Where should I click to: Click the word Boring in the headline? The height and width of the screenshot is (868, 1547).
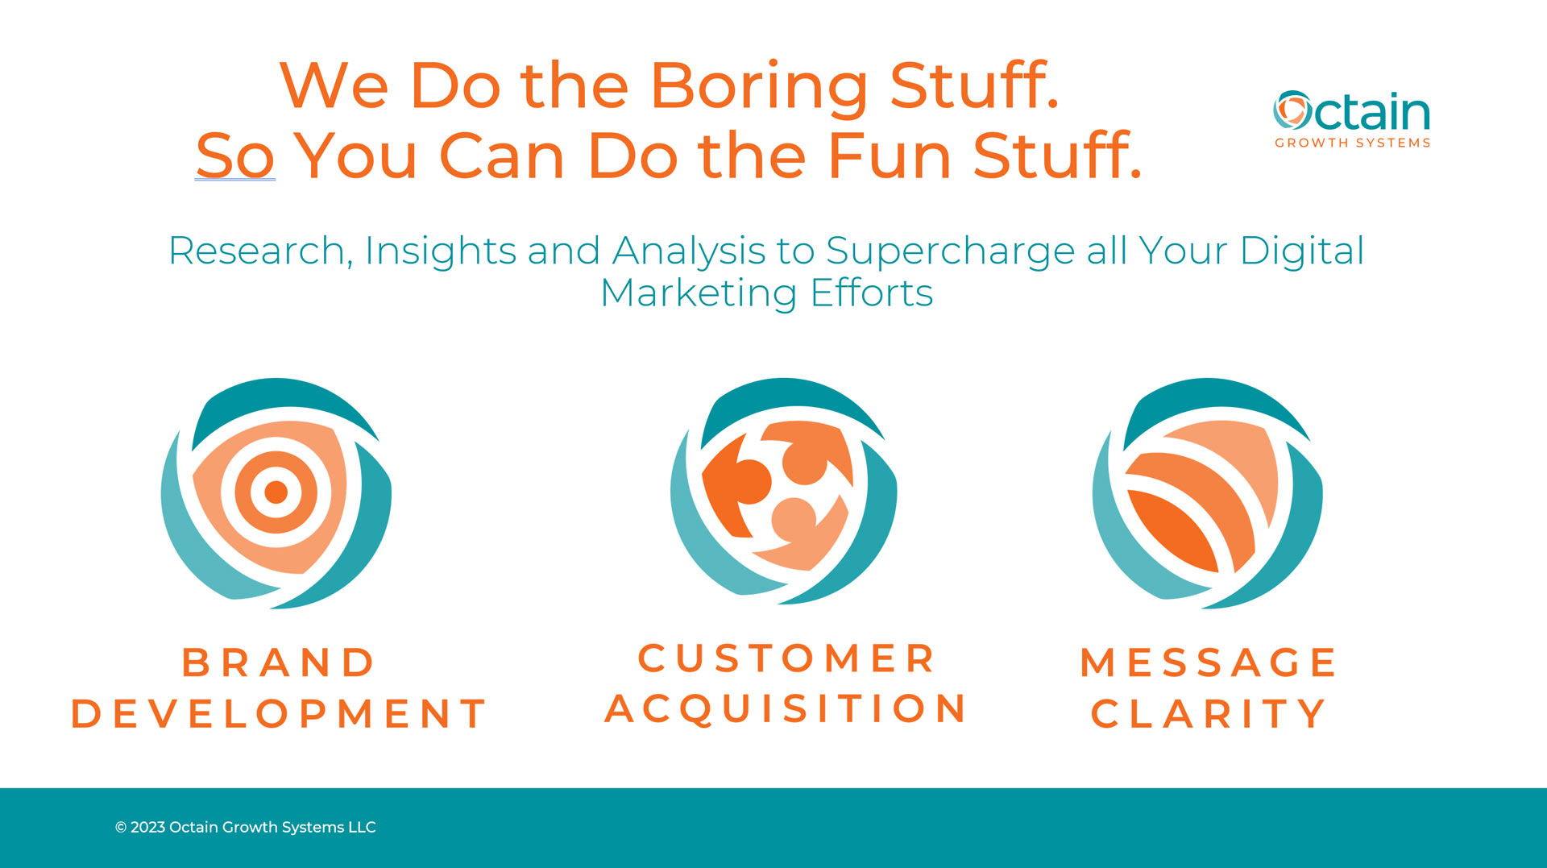(x=758, y=87)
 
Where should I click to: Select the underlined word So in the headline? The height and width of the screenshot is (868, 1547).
(x=235, y=155)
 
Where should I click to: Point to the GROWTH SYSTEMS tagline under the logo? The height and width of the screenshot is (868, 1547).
(x=1352, y=143)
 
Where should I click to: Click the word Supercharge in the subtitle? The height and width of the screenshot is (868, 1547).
(x=950, y=251)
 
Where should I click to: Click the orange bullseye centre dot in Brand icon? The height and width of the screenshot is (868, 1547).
(x=276, y=492)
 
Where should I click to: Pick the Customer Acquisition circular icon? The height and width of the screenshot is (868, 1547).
(x=784, y=491)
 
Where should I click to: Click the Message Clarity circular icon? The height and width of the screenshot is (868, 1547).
(x=1207, y=492)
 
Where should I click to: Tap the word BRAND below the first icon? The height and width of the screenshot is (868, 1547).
(x=279, y=663)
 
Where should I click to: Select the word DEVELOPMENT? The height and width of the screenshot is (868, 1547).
(x=279, y=714)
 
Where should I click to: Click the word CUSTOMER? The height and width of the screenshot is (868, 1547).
(x=786, y=658)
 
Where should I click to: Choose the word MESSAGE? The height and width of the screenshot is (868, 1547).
(x=1208, y=663)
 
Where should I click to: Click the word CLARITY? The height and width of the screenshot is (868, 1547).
(x=1208, y=714)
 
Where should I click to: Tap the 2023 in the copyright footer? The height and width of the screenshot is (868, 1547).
(x=147, y=828)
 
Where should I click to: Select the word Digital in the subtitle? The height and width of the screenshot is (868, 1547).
(x=1302, y=251)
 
